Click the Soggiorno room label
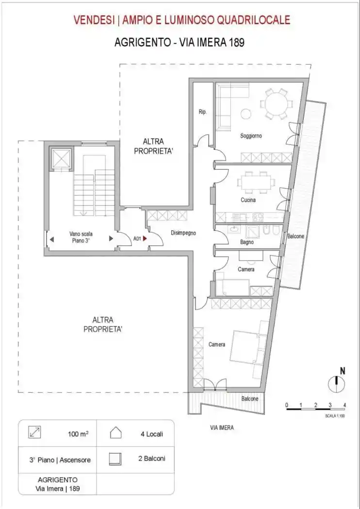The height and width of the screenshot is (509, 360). pyautogui.click(x=251, y=136)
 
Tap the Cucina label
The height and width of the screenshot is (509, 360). pyautogui.click(x=248, y=200)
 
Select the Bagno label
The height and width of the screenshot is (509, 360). pyautogui.click(x=247, y=242)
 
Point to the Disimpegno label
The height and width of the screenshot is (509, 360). pyautogui.click(x=183, y=233)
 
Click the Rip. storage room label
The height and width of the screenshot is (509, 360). pyautogui.click(x=203, y=112)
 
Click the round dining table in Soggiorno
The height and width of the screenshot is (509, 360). pyautogui.click(x=276, y=104)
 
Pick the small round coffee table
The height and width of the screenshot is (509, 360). pyautogui.click(x=245, y=114)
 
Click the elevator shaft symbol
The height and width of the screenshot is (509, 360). pyautogui.click(x=61, y=158)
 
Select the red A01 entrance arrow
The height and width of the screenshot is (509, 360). pyautogui.click(x=145, y=239)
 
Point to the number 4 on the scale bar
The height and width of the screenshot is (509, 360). pyautogui.click(x=344, y=405)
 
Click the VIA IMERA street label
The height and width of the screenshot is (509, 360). pyautogui.click(x=222, y=428)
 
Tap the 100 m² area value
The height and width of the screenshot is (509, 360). pyautogui.click(x=78, y=434)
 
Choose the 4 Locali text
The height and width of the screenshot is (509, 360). pyautogui.click(x=152, y=434)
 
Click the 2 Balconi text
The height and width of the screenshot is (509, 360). pyautogui.click(x=152, y=459)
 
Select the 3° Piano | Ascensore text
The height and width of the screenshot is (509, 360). pyautogui.click(x=60, y=460)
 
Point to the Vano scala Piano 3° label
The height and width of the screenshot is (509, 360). pyautogui.click(x=81, y=237)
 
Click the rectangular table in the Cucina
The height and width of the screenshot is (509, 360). pyautogui.click(x=255, y=181)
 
